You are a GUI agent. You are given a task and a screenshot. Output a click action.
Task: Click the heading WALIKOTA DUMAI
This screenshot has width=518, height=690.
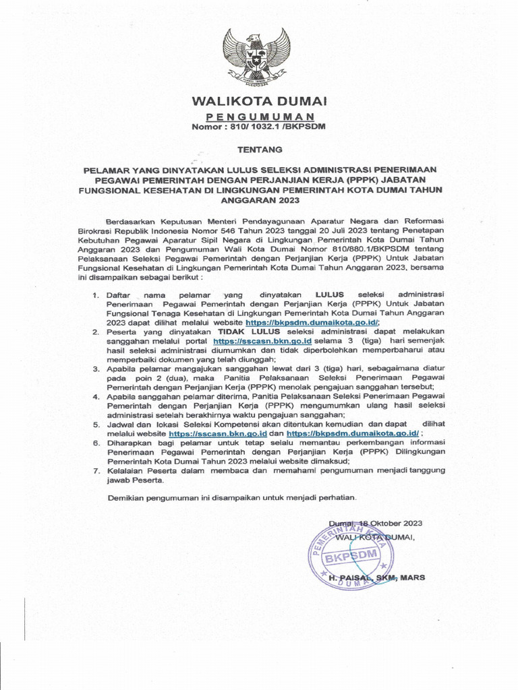[260, 102]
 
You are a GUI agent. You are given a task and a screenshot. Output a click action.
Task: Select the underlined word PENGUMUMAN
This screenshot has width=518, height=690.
[260, 117]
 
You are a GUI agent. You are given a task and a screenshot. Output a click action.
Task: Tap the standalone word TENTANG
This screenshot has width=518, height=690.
[260, 148]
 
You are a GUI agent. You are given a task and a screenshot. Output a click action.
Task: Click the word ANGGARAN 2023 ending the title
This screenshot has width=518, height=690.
[260, 200]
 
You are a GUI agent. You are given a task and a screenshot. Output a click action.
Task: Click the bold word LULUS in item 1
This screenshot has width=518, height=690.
[329, 295]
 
